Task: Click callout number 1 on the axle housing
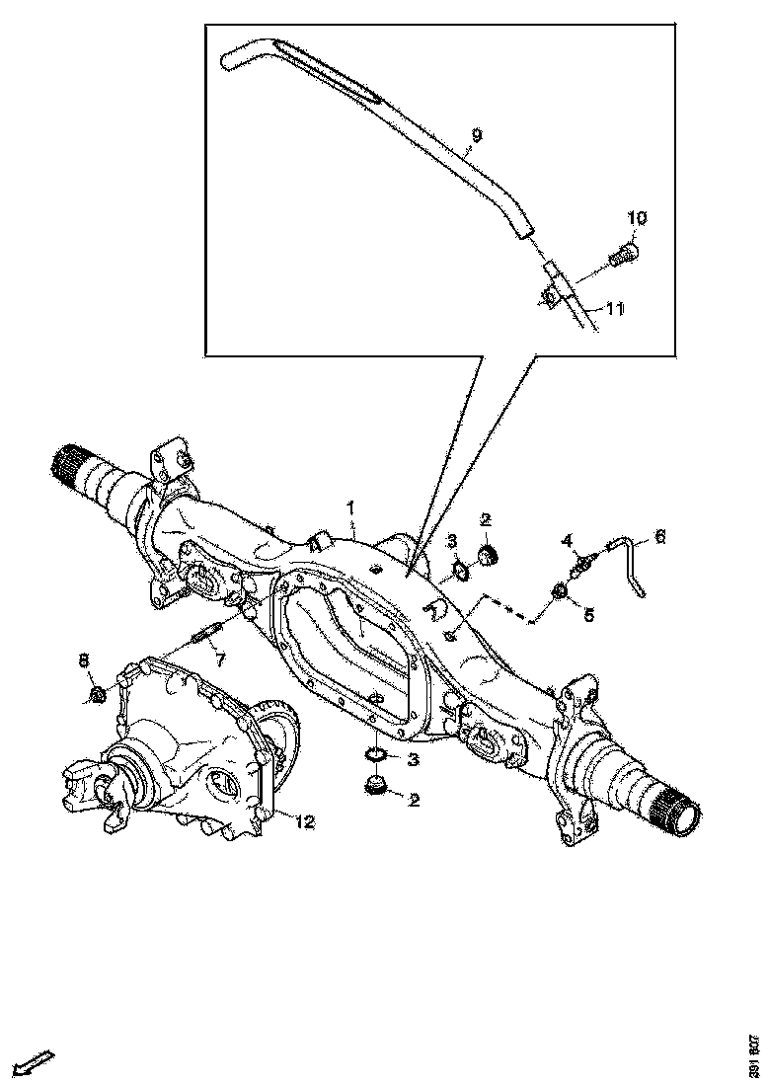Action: [x=350, y=507]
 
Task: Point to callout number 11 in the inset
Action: [x=614, y=308]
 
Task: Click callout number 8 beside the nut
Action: [x=83, y=659]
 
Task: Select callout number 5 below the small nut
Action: [x=588, y=614]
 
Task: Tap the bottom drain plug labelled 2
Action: [x=375, y=786]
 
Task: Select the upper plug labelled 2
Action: [x=487, y=554]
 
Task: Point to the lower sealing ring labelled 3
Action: [x=376, y=756]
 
